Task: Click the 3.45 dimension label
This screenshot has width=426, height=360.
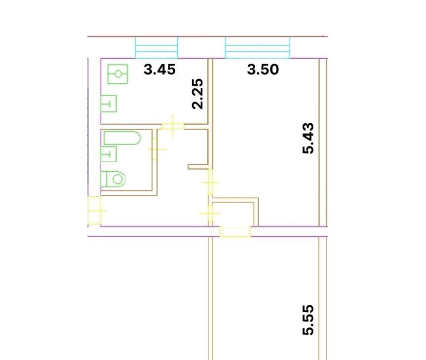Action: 159,69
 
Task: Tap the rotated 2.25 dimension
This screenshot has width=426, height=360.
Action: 197,94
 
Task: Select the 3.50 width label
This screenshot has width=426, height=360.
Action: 263,69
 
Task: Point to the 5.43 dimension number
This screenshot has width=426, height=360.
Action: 308,138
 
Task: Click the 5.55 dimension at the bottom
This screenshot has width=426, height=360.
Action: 308,320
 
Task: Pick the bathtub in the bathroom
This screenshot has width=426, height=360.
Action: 122,138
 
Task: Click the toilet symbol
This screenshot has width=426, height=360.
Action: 113,179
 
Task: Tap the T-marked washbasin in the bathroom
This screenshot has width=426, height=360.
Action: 109,154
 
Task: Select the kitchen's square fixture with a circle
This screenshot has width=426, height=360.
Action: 117,74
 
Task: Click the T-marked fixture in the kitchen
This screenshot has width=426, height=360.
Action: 109,104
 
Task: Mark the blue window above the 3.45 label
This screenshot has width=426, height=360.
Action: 156,47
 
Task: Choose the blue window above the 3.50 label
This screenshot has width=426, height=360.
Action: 258,47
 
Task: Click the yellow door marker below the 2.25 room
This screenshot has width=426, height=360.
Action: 173,126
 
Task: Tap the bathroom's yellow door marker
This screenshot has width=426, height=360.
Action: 155,149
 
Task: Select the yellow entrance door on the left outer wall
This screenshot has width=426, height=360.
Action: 95,211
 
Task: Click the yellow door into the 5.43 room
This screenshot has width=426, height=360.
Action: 211,182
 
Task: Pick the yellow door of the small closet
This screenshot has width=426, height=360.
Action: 210,214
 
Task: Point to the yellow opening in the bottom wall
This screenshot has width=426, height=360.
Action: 235,232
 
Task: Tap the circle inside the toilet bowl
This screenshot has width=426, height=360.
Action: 117,179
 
